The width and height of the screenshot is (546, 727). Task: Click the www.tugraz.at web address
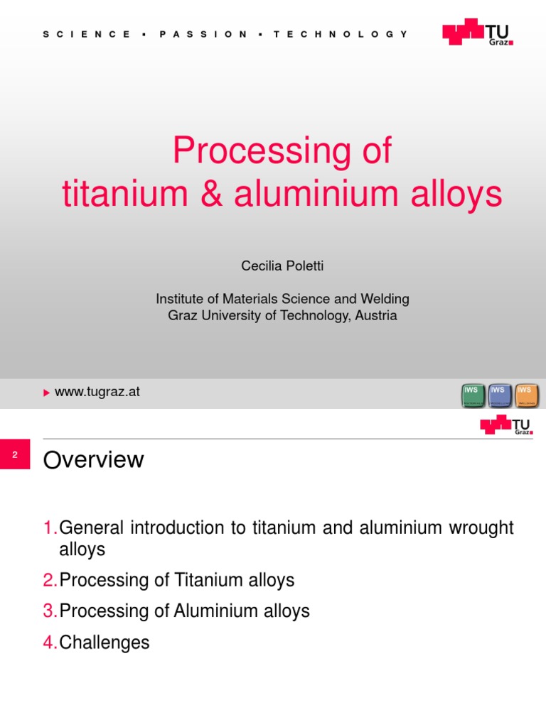97,392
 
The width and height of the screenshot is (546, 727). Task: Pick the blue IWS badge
500,396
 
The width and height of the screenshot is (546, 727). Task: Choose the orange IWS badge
527,396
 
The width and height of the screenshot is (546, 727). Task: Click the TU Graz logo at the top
477,33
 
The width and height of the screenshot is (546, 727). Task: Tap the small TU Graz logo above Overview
506,425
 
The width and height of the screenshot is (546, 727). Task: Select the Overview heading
93,460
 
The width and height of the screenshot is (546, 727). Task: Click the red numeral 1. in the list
50,528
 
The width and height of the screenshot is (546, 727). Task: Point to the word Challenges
105,643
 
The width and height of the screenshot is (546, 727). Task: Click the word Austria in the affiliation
375,316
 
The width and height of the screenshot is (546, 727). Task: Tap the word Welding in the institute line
386,299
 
